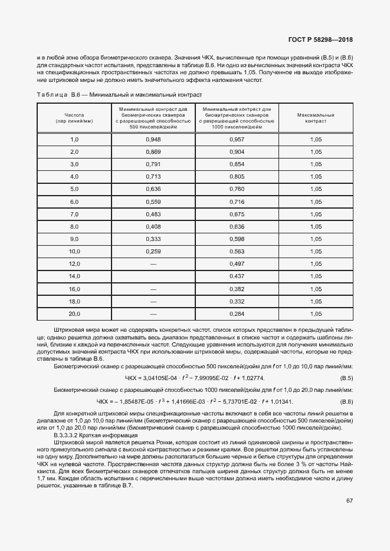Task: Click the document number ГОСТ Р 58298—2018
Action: click(325, 40)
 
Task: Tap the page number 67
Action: click(349, 500)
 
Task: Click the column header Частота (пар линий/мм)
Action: click(74, 118)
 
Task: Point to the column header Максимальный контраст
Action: click(316, 118)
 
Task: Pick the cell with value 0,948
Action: click(153, 139)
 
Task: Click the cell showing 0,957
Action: click(236, 139)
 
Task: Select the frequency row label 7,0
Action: click(74, 214)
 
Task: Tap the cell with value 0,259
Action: click(153, 252)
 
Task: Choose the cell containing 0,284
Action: click(236, 314)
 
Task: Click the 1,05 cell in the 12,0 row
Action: click(316, 264)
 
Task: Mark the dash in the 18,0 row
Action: click(153, 302)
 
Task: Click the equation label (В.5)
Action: click(346, 378)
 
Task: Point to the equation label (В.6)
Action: click(346, 402)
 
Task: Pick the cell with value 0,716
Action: click(236, 202)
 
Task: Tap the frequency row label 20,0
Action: click(74, 314)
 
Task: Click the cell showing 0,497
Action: click(236, 264)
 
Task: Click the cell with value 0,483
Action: click(153, 214)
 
